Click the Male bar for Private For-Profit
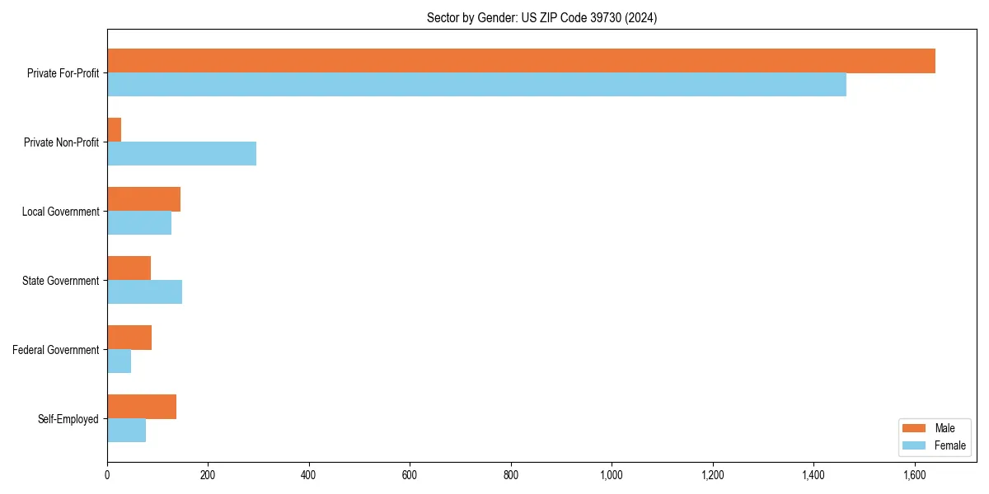pos(521,61)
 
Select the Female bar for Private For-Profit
pos(476,84)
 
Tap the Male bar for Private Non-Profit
pos(115,130)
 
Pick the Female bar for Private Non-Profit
pos(181,153)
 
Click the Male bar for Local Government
pos(143,199)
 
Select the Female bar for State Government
pos(144,291)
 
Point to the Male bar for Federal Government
pos(129,338)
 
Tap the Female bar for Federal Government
pos(119,361)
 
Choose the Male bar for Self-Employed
pos(142,407)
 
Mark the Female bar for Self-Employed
pos(126,430)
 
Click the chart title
pos(541,17)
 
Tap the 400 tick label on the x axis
pos(309,475)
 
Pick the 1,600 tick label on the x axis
pos(914,475)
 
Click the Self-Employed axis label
pos(68,419)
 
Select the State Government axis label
pos(60,281)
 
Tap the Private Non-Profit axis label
pos(61,142)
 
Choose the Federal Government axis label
pos(56,350)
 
